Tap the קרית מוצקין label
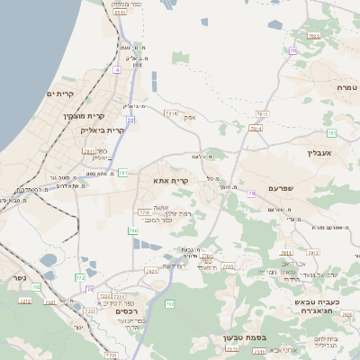[84, 116]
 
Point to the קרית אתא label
[172, 181]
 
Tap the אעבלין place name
[320, 153]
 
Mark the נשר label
[19, 276]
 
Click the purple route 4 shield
[118, 68]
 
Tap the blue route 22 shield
[130, 119]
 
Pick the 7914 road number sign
[256, 129]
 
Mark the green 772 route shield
[79, 277]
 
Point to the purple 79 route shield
[252, 193]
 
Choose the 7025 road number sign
[313, 36]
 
